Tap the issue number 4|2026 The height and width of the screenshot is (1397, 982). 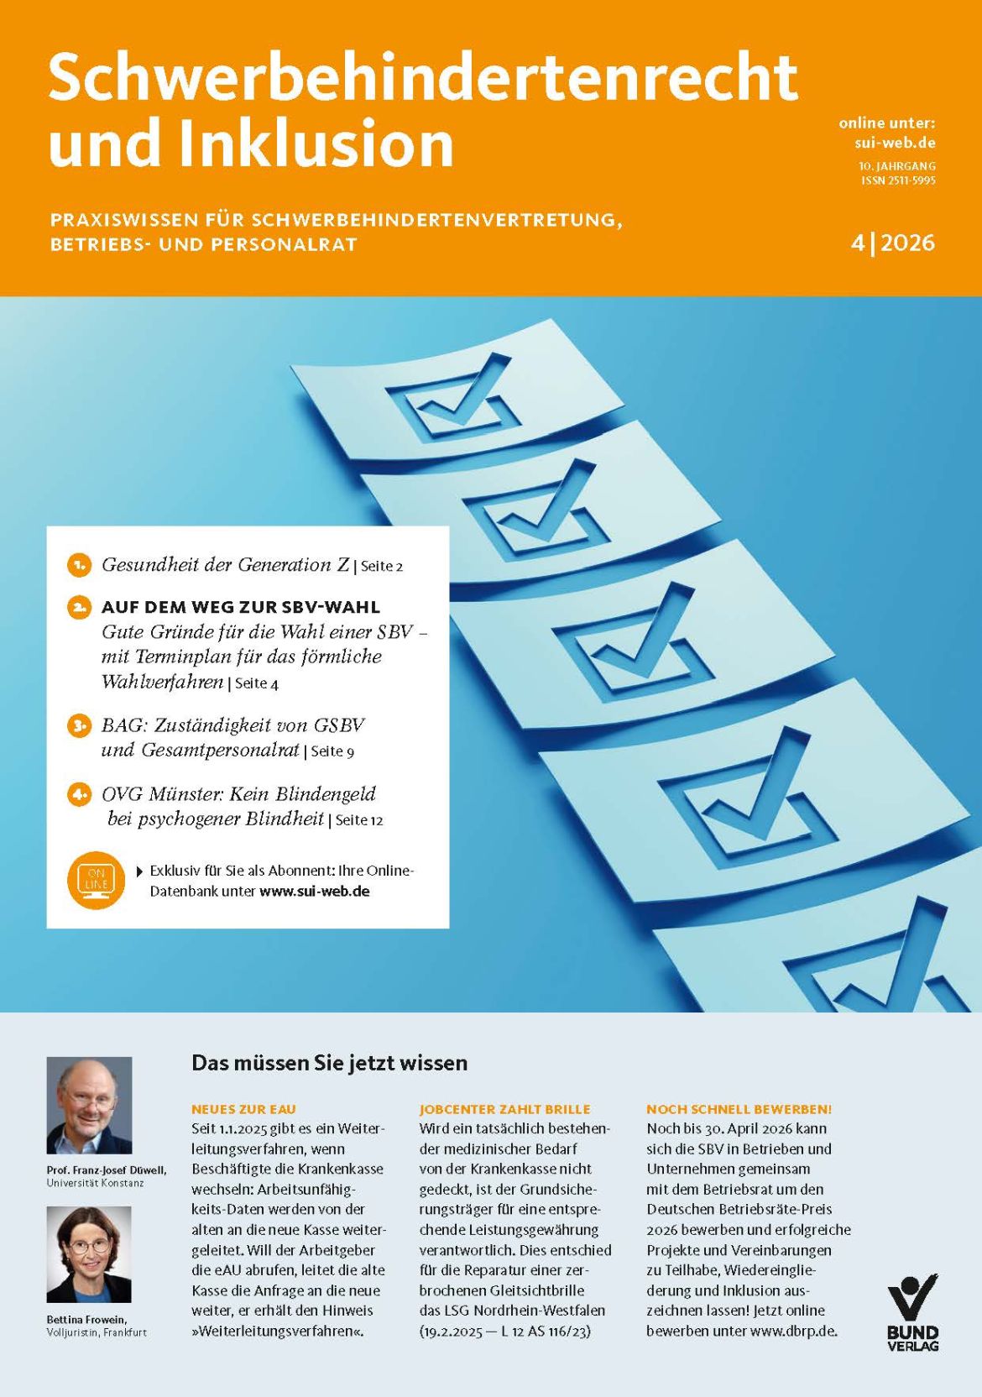[x=892, y=243]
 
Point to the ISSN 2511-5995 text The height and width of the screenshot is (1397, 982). [x=898, y=181]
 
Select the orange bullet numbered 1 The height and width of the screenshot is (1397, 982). [x=79, y=565]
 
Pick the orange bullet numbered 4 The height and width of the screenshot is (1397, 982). [x=79, y=794]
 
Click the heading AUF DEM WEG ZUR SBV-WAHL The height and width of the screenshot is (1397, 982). [x=240, y=606]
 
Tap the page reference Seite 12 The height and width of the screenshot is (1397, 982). [x=359, y=820]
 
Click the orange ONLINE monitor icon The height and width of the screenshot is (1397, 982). [x=96, y=879]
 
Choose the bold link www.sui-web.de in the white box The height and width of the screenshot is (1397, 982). [x=315, y=891]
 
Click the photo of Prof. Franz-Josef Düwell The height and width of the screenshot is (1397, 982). [x=89, y=1105]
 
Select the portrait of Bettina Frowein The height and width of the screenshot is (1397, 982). [x=89, y=1254]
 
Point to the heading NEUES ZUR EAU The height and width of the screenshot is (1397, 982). [x=243, y=1109]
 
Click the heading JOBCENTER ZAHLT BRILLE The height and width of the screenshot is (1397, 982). [x=504, y=1109]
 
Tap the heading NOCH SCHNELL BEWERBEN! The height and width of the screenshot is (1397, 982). [x=739, y=1109]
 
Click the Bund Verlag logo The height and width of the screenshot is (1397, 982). [x=913, y=1312]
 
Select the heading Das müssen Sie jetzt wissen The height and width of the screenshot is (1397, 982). [x=329, y=1063]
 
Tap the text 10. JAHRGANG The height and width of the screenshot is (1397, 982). [x=896, y=166]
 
